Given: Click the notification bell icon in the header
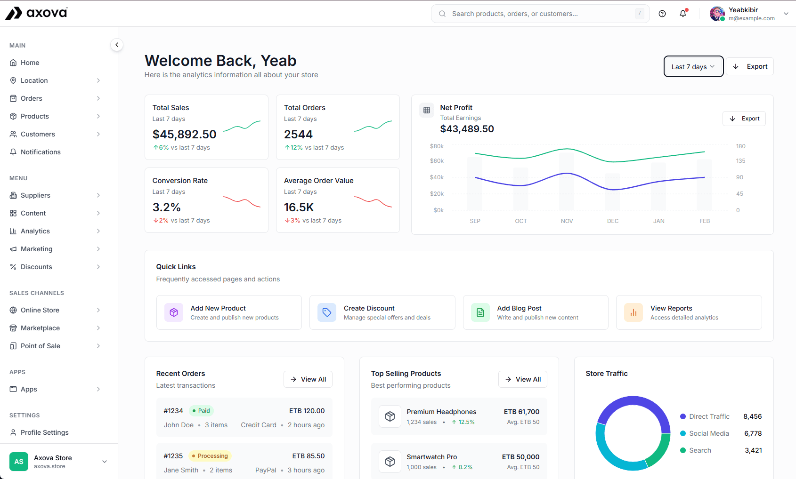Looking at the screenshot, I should tap(683, 14).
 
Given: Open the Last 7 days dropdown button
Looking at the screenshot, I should tap(693, 67).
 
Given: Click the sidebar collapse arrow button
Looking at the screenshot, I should tap(117, 45).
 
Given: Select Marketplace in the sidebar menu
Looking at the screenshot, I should tap(40, 328).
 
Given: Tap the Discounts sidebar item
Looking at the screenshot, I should tap(36, 267).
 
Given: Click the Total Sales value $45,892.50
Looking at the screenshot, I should tap(184, 135).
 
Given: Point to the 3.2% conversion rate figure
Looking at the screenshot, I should tap(166, 208).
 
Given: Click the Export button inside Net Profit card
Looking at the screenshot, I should tap(744, 119).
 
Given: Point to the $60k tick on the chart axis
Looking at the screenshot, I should tap(437, 161).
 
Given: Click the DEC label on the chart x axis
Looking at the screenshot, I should tap(612, 221).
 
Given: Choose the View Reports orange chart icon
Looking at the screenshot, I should tap(633, 312).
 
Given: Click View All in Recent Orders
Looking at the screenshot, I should tap(308, 379).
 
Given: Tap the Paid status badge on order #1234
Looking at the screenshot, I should tap(201, 411).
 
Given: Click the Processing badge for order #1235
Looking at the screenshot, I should tap(210, 456).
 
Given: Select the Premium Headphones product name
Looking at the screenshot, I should tap(441, 412).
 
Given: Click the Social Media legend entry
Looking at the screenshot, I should tap(708, 433).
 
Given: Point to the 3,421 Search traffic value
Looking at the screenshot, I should tap(753, 450).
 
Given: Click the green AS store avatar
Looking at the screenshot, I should tap(19, 462).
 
